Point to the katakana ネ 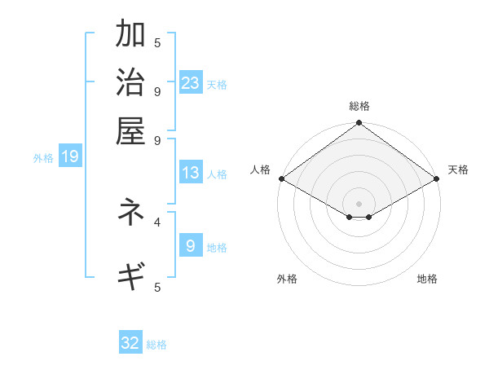[130, 212]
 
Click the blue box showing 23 [191, 82]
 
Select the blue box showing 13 [191, 173]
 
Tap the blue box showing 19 [70, 156]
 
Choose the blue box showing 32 [130, 343]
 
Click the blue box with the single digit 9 [191, 245]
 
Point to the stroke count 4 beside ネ [157, 221]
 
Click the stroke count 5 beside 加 [157, 43]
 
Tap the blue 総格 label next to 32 [156, 345]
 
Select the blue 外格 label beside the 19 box [43, 158]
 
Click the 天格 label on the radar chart [458, 169]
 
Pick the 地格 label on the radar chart [427, 279]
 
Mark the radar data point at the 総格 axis [359, 124]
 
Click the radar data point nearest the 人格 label [281, 178]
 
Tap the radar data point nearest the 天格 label [436, 178]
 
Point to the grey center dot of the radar [359, 203]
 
